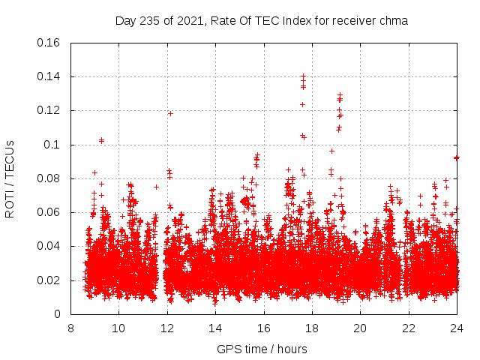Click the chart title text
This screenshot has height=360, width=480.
pyautogui.click(x=262, y=21)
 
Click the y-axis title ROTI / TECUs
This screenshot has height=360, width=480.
pyautogui.click(x=10, y=178)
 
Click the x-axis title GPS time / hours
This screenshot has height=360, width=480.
pyautogui.click(x=262, y=349)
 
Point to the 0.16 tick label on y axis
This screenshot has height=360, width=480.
pyautogui.click(x=49, y=43)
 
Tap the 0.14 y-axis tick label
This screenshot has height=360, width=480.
pyautogui.click(x=49, y=76)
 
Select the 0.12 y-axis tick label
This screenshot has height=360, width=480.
pyautogui.click(x=49, y=110)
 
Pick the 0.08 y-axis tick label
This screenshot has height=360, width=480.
pyautogui.click(x=49, y=178)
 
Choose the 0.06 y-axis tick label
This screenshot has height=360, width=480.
pyautogui.click(x=49, y=212)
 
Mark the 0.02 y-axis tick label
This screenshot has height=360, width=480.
pyautogui.click(x=49, y=280)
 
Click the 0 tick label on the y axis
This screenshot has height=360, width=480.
pyautogui.click(x=58, y=314)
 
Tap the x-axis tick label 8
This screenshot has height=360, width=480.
pyautogui.click(x=70, y=328)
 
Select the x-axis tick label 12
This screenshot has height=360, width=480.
pyautogui.click(x=167, y=328)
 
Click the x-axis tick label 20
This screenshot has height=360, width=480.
pyautogui.click(x=361, y=328)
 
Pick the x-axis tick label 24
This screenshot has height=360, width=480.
pyautogui.click(x=457, y=328)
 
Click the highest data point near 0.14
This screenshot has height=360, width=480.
pyautogui.click(x=303, y=76)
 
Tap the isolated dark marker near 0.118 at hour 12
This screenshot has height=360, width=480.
pyautogui.click(x=170, y=113)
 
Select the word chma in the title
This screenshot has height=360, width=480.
pyautogui.click(x=393, y=21)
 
